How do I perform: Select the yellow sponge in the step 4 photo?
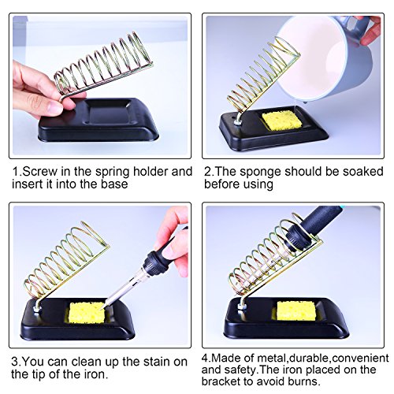pos(296,310)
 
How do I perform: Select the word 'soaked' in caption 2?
pos(363,172)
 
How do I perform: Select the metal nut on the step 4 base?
pos(241,307)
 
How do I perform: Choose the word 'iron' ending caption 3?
pos(97,374)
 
